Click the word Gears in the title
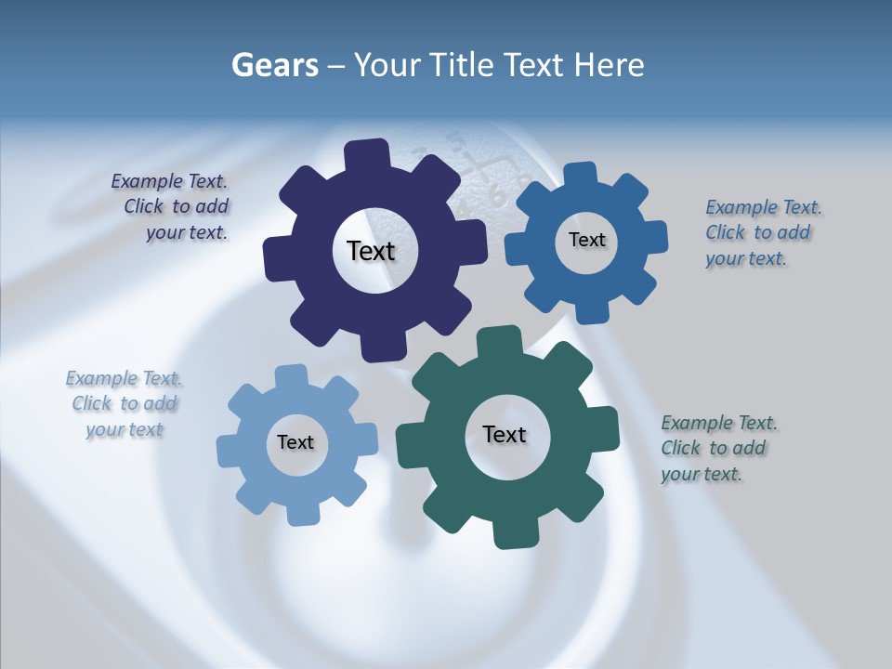pos(274,65)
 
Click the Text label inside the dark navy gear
pos(371,251)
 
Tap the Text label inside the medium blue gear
pos(586,240)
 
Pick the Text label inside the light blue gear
pos(295,442)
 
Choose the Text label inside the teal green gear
pos(505,434)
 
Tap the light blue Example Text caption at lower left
pos(124,403)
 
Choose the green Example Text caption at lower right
pos(717,448)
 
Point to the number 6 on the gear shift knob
pos(496,196)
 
